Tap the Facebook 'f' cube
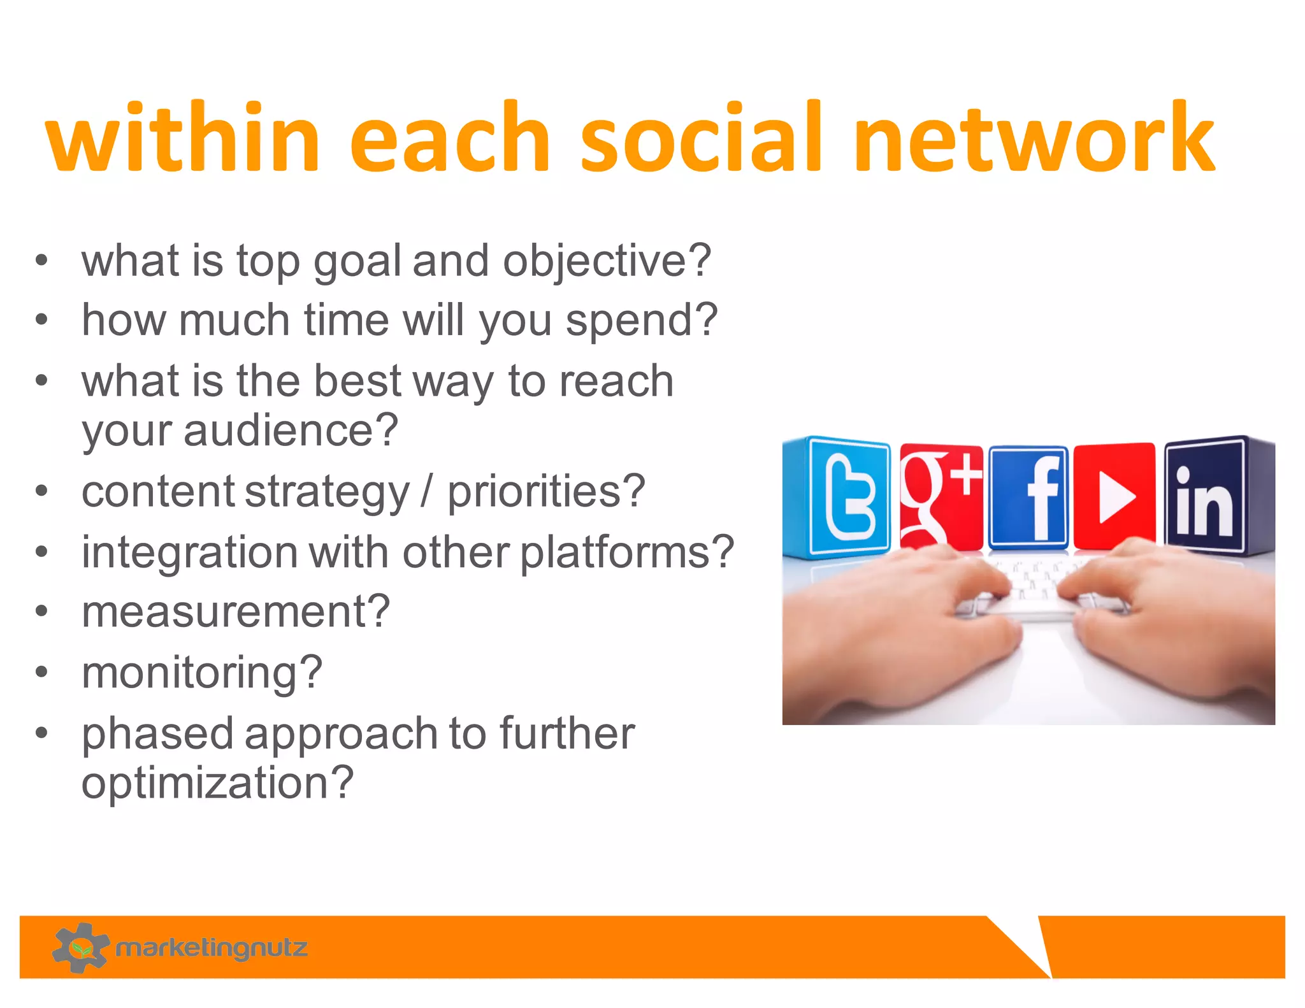(x=1028, y=497)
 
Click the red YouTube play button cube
(x=1114, y=496)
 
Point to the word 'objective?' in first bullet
(x=607, y=261)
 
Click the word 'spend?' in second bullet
(x=642, y=320)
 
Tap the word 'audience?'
(x=291, y=431)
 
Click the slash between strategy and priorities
(x=426, y=491)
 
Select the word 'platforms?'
(x=627, y=552)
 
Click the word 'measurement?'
(x=235, y=612)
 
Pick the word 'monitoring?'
(x=202, y=672)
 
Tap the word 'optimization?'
(x=217, y=783)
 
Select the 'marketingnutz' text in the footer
(x=212, y=948)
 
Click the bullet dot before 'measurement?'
(x=42, y=612)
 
